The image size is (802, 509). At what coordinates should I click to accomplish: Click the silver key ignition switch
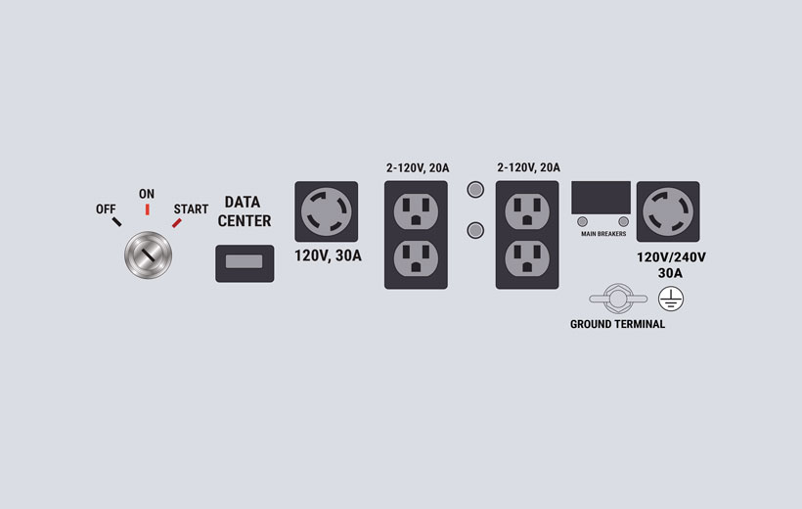[149, 255]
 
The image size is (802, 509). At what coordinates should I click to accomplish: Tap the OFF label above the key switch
[106, 208]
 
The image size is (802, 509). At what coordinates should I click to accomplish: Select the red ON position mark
[148, 209]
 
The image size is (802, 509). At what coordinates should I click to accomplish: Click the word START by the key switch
[191, 208]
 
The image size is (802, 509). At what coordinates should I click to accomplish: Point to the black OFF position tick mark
[117, 222]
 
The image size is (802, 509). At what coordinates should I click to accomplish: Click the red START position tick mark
[176, 223]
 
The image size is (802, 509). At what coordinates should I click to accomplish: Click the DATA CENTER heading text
[244, 211]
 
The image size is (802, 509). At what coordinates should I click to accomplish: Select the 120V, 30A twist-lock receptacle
[327, 211]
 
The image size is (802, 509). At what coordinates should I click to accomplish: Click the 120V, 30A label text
[328, 255]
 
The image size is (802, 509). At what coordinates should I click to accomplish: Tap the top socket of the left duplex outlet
[416, 211]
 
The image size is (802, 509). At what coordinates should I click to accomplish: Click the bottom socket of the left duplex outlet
[416, 258]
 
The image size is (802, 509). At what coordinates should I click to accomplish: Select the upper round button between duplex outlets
[475, 190]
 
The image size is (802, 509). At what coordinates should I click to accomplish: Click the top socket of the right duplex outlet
[527, 211]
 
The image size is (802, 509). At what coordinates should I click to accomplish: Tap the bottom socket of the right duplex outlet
[527, 258]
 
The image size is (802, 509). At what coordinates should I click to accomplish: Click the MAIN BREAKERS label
[603, 234]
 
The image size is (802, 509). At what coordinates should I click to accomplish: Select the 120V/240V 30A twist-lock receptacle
[668, 211]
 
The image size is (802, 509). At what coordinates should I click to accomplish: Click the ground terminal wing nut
[618, 299]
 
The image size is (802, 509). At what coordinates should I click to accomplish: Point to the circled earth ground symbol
[671, 300]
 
